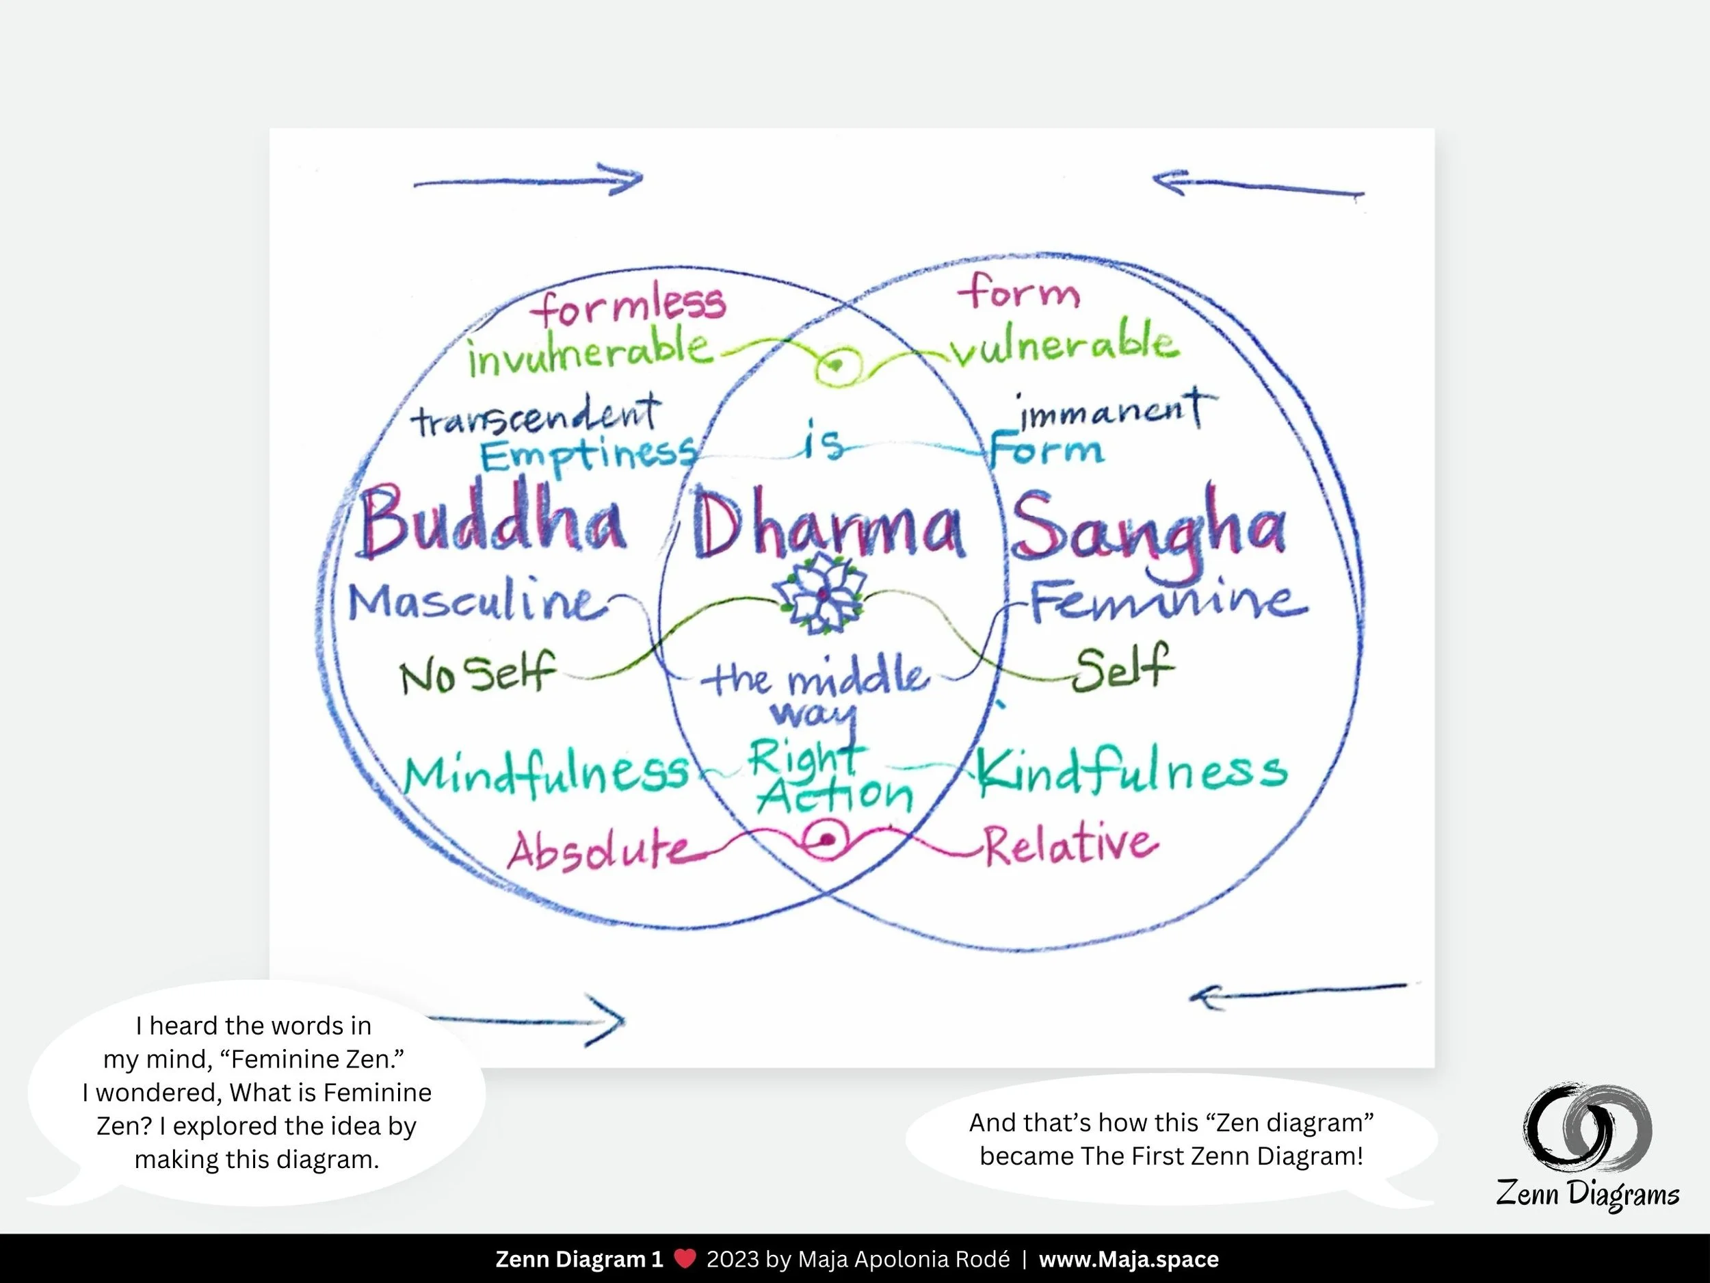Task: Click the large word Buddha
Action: pos(492,521)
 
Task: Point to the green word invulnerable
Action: pos(588,352)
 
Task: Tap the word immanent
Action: pos(1113,411)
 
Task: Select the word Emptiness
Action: pos(588,455)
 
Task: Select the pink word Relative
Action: pos(1070,844)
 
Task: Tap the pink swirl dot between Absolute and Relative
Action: pos(827,840)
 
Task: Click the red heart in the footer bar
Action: pos(685,1258)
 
